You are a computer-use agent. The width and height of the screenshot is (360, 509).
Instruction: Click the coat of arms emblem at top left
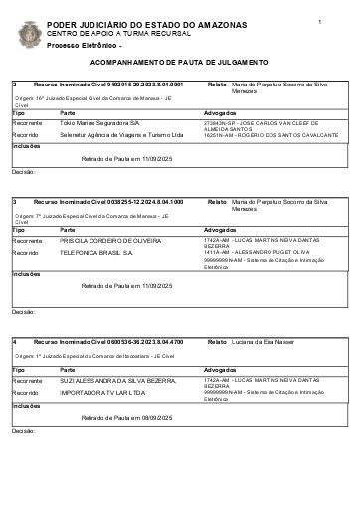coord(30,36)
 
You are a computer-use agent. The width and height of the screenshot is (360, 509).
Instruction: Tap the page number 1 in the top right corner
coord(320,21)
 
